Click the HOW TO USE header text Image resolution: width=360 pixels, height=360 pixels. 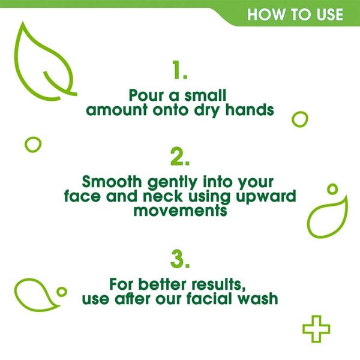[x=295, y=14]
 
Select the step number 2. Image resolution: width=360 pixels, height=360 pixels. [x=180, y=157]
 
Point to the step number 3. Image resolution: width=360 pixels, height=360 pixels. [x=180, y=259]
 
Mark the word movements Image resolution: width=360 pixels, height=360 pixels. [x=179, y=211]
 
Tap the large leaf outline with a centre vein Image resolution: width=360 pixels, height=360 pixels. [x=42, y=63]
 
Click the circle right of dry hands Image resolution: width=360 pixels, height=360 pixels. [x=299, y=119]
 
